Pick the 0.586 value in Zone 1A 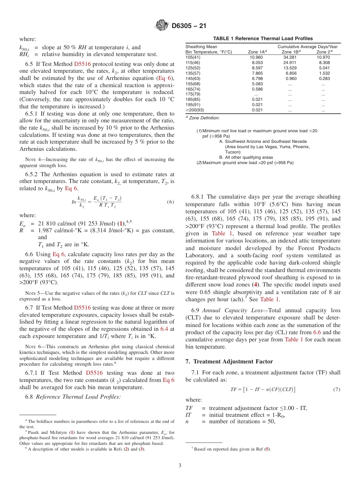(257, 89)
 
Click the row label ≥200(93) (195, 110)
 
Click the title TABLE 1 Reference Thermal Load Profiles (263, 39)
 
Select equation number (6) (170, 202)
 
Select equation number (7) (336, 389)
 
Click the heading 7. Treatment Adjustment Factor (229, 361)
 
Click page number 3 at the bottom (180, 465)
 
